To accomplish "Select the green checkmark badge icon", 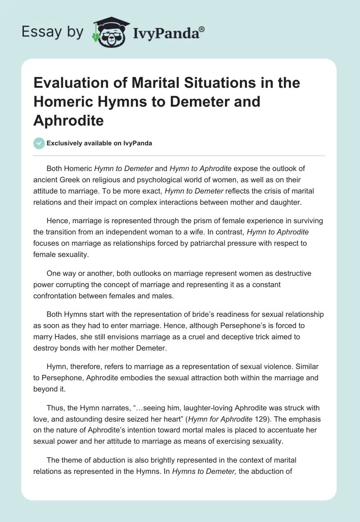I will click(39, 143).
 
